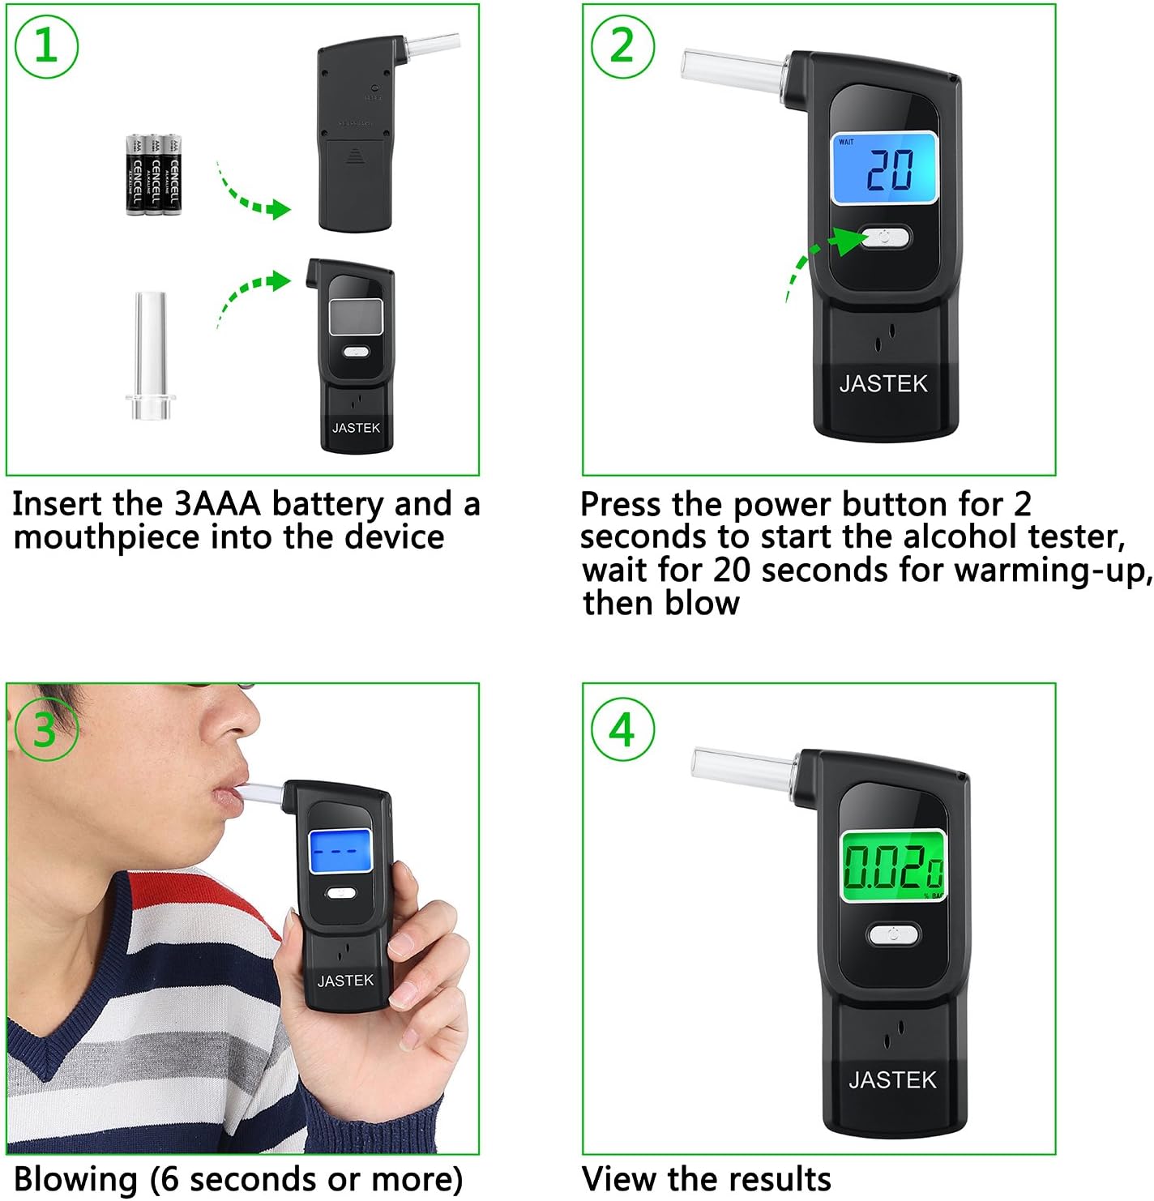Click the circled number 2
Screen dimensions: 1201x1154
click(x=622, y=45)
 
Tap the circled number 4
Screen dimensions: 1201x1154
click(x=622, y=729)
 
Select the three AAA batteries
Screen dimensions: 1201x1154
click(x=154, y=174)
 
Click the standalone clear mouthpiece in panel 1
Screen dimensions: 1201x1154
click(x=151, y=357)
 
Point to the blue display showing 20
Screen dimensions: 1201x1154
click(x=884, y=169)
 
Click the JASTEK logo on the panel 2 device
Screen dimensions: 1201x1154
click(x=883, y=383)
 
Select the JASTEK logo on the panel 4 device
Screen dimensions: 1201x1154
click(x=892, y=1079)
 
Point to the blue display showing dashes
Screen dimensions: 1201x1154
click(x=340, y=850)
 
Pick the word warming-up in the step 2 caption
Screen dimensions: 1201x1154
click(x=1054, y=571)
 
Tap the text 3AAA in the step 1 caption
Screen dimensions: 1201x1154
click(x=217, y=504)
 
